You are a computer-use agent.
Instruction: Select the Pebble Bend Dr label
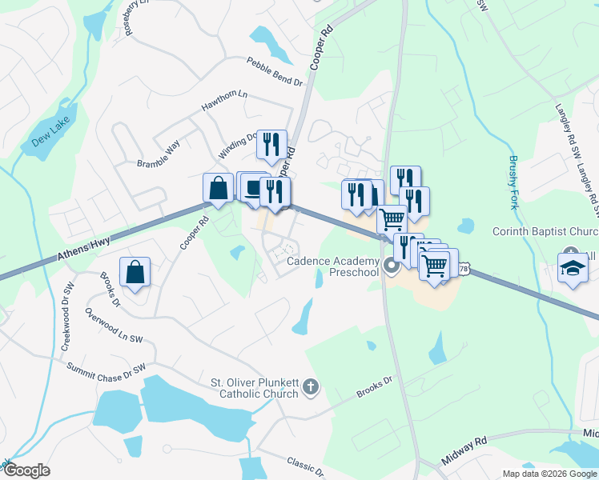point(274,72)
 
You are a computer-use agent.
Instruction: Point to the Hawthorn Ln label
point(224,102)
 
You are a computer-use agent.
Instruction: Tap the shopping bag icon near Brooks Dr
point(135,272)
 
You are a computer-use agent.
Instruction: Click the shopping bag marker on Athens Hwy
point(218,189)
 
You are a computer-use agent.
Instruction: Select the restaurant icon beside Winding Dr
point(271,145)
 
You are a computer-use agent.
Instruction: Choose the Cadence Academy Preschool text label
point(332,266)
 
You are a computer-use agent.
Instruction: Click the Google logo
point(26,470)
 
